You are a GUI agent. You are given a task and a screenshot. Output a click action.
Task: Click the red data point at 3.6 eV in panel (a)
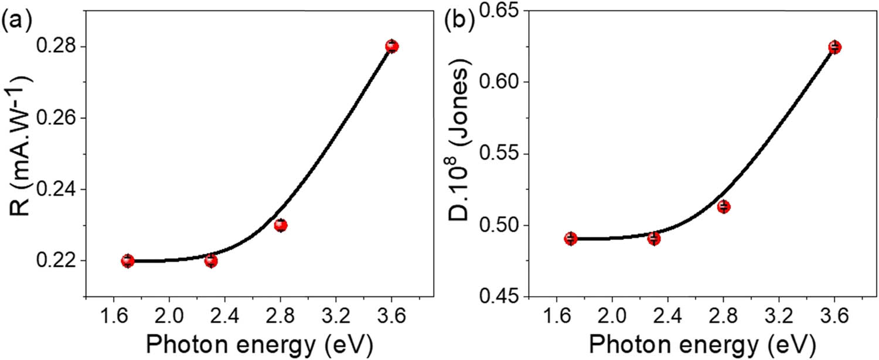pos(392,46)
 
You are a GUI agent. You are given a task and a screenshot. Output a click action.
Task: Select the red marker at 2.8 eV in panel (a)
pos(281,225)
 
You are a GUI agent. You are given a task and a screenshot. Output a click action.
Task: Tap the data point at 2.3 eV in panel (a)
pos(211,261)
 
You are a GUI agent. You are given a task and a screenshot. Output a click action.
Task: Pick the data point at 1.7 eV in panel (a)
pos(128,261)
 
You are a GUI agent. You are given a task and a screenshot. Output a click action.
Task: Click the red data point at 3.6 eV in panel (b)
pos(834,47)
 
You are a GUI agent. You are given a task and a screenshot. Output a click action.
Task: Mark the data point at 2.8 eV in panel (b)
pos(724,206)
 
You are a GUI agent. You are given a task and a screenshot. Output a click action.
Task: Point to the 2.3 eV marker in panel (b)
pos(654,239)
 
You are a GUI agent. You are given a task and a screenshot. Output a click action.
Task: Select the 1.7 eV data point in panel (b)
pos(571,239)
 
